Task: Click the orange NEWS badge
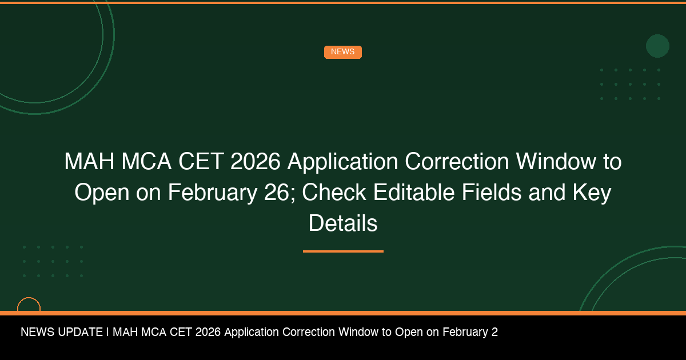342,52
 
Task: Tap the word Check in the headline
334,193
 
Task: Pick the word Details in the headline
343,223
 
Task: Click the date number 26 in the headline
277,193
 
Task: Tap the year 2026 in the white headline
256,162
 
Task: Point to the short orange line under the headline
343,251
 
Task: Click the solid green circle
657,46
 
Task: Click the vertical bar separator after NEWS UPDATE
107,332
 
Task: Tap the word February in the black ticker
465,332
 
